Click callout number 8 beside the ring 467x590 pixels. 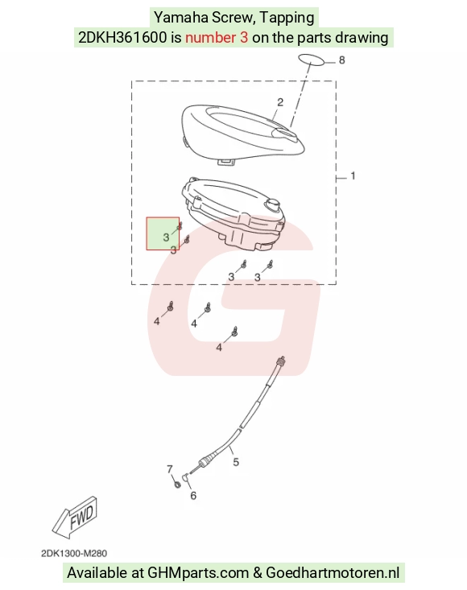click(341, 60)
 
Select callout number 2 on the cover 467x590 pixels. click(280, 102)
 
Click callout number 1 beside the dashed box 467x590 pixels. click(353, 175)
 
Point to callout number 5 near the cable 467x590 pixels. click(236, 462)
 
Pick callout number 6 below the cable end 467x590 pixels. click(193, 496)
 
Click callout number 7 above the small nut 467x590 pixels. click(170, 469)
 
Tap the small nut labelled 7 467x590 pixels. click(178, 485)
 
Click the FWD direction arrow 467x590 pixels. click(75, 517)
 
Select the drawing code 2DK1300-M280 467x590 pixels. click(74, 554)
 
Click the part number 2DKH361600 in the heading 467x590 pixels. click(122, 37)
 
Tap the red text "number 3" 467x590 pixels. click(217, 37)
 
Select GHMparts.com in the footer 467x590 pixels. click(198, 573)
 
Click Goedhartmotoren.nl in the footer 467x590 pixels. click(333, 572)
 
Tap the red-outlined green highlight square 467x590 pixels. click(163, 233)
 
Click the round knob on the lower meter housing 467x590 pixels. click(272, 205)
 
